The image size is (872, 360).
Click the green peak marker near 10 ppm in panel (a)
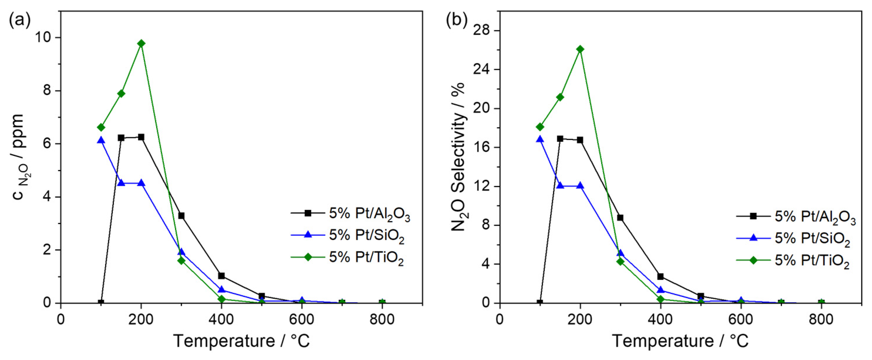(141, 43)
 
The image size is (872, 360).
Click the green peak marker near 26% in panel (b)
(580, 49)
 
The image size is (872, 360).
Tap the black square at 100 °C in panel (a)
(101, 302)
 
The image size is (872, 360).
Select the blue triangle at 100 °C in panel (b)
(540, 139)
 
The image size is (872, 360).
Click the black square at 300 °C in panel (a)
(181, 216)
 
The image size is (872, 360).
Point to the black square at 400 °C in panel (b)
(660, 276)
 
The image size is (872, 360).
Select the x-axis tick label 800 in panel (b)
(821, 319)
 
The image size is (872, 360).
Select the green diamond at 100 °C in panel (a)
(101, 127)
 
